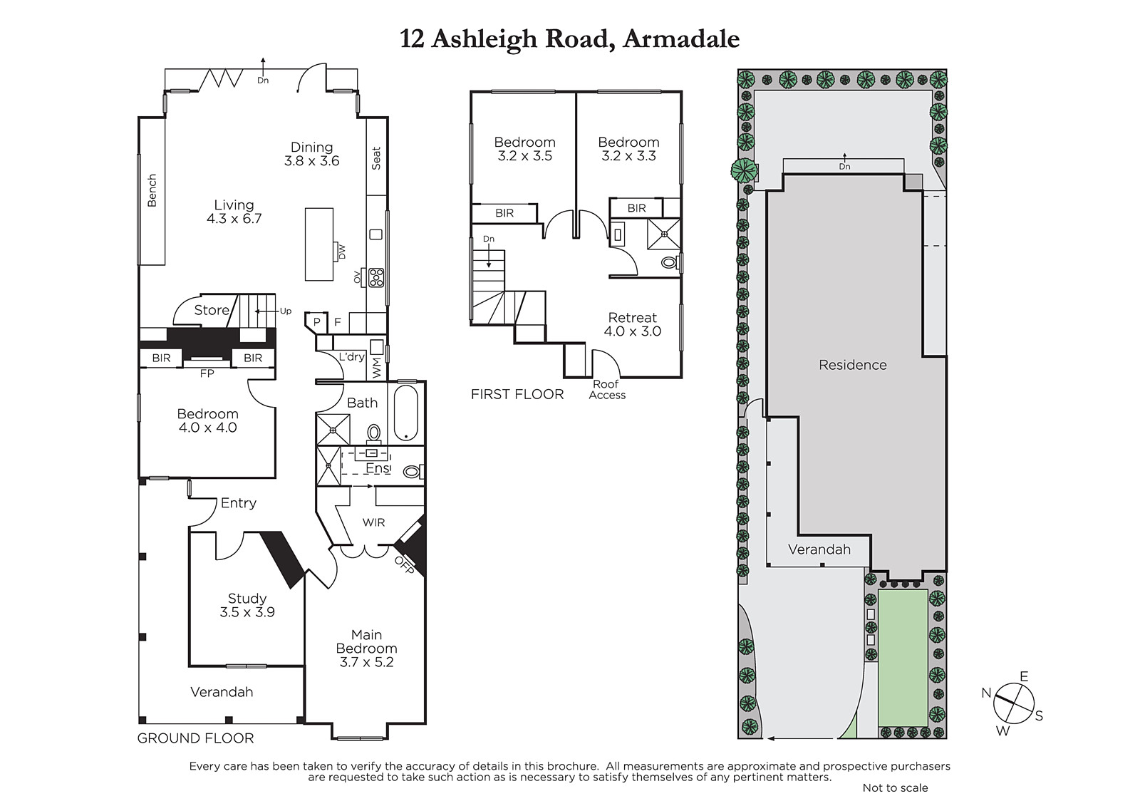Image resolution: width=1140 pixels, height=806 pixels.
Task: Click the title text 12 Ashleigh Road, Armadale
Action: [569, 40]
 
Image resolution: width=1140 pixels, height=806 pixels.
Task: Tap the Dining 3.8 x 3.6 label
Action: [311, 154]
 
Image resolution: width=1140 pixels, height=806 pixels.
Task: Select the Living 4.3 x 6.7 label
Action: [234, 212]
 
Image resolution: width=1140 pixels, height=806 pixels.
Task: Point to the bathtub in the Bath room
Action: [405, 413]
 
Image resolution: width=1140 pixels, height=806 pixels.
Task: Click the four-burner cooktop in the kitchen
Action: [377, 277]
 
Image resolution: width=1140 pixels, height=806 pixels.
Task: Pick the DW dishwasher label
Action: [342, 252]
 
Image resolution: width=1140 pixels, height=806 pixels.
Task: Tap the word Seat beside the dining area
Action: [376, 158]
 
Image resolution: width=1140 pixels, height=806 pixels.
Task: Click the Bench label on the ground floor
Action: [152, 190]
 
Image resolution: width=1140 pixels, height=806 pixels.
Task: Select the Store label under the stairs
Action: [212, 310]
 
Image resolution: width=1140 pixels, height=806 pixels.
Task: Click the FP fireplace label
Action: [207, 373]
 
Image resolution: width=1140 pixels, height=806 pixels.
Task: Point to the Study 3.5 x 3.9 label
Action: [247, 605]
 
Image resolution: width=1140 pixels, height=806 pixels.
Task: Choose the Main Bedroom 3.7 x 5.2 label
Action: [366, 649]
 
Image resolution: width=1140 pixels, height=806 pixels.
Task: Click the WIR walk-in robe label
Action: [373, 522]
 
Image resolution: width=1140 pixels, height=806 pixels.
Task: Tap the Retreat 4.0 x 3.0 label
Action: [633, 324]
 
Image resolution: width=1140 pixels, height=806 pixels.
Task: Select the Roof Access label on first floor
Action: [606, 390]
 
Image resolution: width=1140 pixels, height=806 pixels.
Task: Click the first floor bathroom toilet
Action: [670, 263]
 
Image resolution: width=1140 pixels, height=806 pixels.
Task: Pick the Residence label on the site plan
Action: [852, 365]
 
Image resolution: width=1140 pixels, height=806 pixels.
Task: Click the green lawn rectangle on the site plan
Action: [903, 657]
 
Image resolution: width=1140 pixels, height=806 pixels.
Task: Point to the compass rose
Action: [1013, 703]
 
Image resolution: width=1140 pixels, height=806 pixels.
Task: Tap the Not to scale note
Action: [895, 787]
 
